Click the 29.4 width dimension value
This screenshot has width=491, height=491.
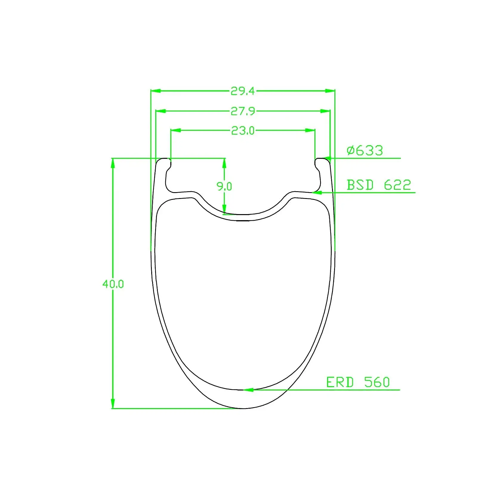point(243,91)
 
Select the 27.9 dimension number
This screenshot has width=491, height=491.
point(243,111)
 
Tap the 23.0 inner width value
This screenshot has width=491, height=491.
point(243,130)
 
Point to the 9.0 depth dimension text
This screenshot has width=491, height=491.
point(224,186)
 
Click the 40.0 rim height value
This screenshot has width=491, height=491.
point(113,284)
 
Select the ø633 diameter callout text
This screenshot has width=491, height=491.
point(365,150)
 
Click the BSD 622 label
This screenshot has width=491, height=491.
point(379,185)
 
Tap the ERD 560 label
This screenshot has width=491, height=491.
point(358,382)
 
